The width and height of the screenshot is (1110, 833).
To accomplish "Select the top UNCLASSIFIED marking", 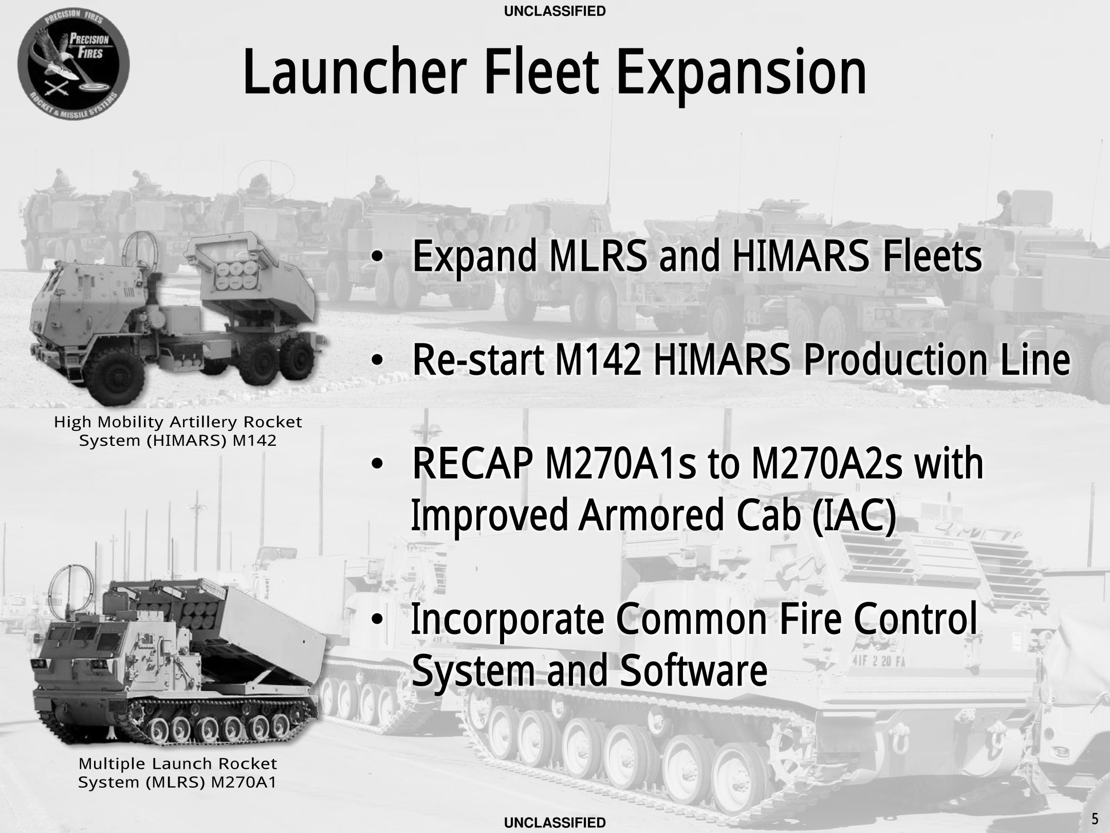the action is pos(555,11).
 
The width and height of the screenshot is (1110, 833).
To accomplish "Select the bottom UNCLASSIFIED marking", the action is pos(555,823).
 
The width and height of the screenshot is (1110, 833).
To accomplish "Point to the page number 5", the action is pos(1095,818).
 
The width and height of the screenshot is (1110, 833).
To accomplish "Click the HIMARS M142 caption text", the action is pos(178,431).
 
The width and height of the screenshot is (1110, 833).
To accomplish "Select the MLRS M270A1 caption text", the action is pos(178,772).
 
